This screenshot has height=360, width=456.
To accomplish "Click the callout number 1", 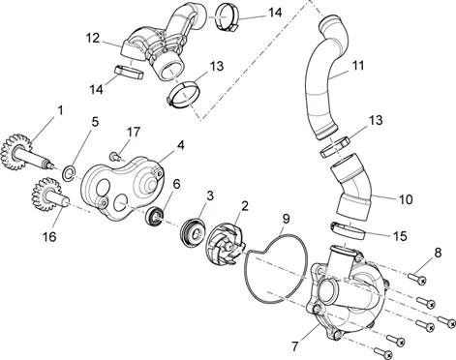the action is [60, 110].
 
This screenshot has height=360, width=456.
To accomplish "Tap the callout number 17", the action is [134, 132].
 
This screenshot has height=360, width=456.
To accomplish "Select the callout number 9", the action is [286, 219].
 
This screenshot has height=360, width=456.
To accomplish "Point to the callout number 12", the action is [93, 38].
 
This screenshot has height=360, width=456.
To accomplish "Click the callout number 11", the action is [358, 66].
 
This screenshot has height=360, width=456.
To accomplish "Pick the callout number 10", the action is [406, 199].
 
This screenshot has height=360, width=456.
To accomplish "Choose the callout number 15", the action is [400, 236].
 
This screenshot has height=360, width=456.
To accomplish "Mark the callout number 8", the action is [438, 253].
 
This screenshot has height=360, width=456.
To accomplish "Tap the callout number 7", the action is [295, 346].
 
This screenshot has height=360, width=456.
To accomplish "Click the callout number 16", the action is [49, 236].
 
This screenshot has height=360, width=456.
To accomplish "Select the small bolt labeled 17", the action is [116, 157].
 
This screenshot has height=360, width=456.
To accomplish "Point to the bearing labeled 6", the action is [155, 216].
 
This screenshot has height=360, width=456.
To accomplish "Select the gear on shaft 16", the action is [44, 195].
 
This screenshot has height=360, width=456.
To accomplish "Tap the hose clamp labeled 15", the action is [348, 231].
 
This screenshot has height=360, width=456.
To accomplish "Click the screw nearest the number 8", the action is [417, 279].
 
